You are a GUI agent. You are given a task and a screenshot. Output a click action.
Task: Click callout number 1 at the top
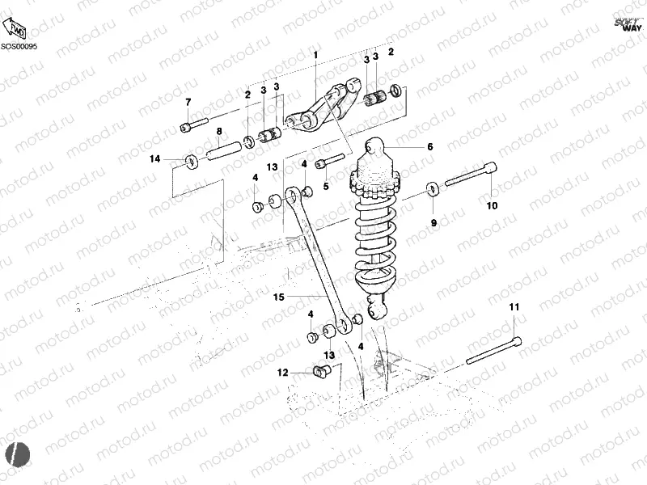click(x=316, y=55)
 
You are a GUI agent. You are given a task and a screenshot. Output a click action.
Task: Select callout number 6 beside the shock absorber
click(x=430, y=147)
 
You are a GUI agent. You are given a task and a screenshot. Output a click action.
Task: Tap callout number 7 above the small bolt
click(x=188, y=102)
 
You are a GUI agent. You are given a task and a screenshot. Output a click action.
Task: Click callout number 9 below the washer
click(x=433, y=222)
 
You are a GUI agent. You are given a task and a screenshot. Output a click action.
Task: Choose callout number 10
click(x=492, y=205)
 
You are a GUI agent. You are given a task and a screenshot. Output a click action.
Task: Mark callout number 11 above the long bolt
click(x=514, y=308)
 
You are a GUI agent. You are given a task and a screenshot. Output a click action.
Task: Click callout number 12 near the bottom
click(x=282, y=373)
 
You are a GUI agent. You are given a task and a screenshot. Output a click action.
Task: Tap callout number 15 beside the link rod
click(x=279, y=297)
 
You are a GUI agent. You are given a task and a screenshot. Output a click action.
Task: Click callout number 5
click(x=326, y=186)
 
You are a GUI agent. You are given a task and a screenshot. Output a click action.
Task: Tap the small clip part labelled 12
click(x=323, y=371)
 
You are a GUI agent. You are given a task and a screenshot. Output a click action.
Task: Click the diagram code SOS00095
click(x=19, y=48)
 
